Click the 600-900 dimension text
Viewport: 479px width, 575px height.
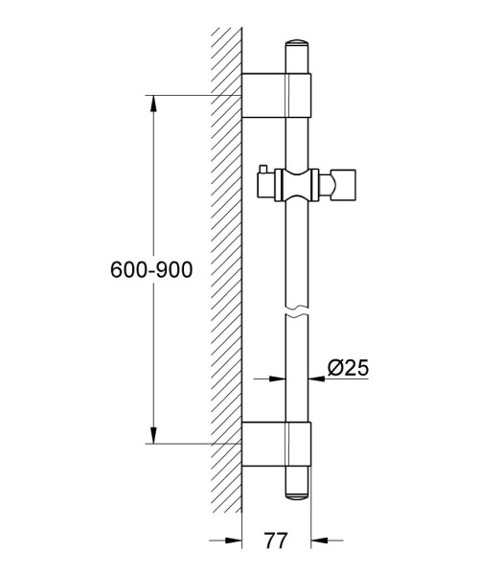point(151,271)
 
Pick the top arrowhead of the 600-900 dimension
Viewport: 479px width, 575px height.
point(150,101)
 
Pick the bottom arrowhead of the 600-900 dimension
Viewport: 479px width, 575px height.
point(150,438)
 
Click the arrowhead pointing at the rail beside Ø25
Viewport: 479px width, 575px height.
point(318,377)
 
